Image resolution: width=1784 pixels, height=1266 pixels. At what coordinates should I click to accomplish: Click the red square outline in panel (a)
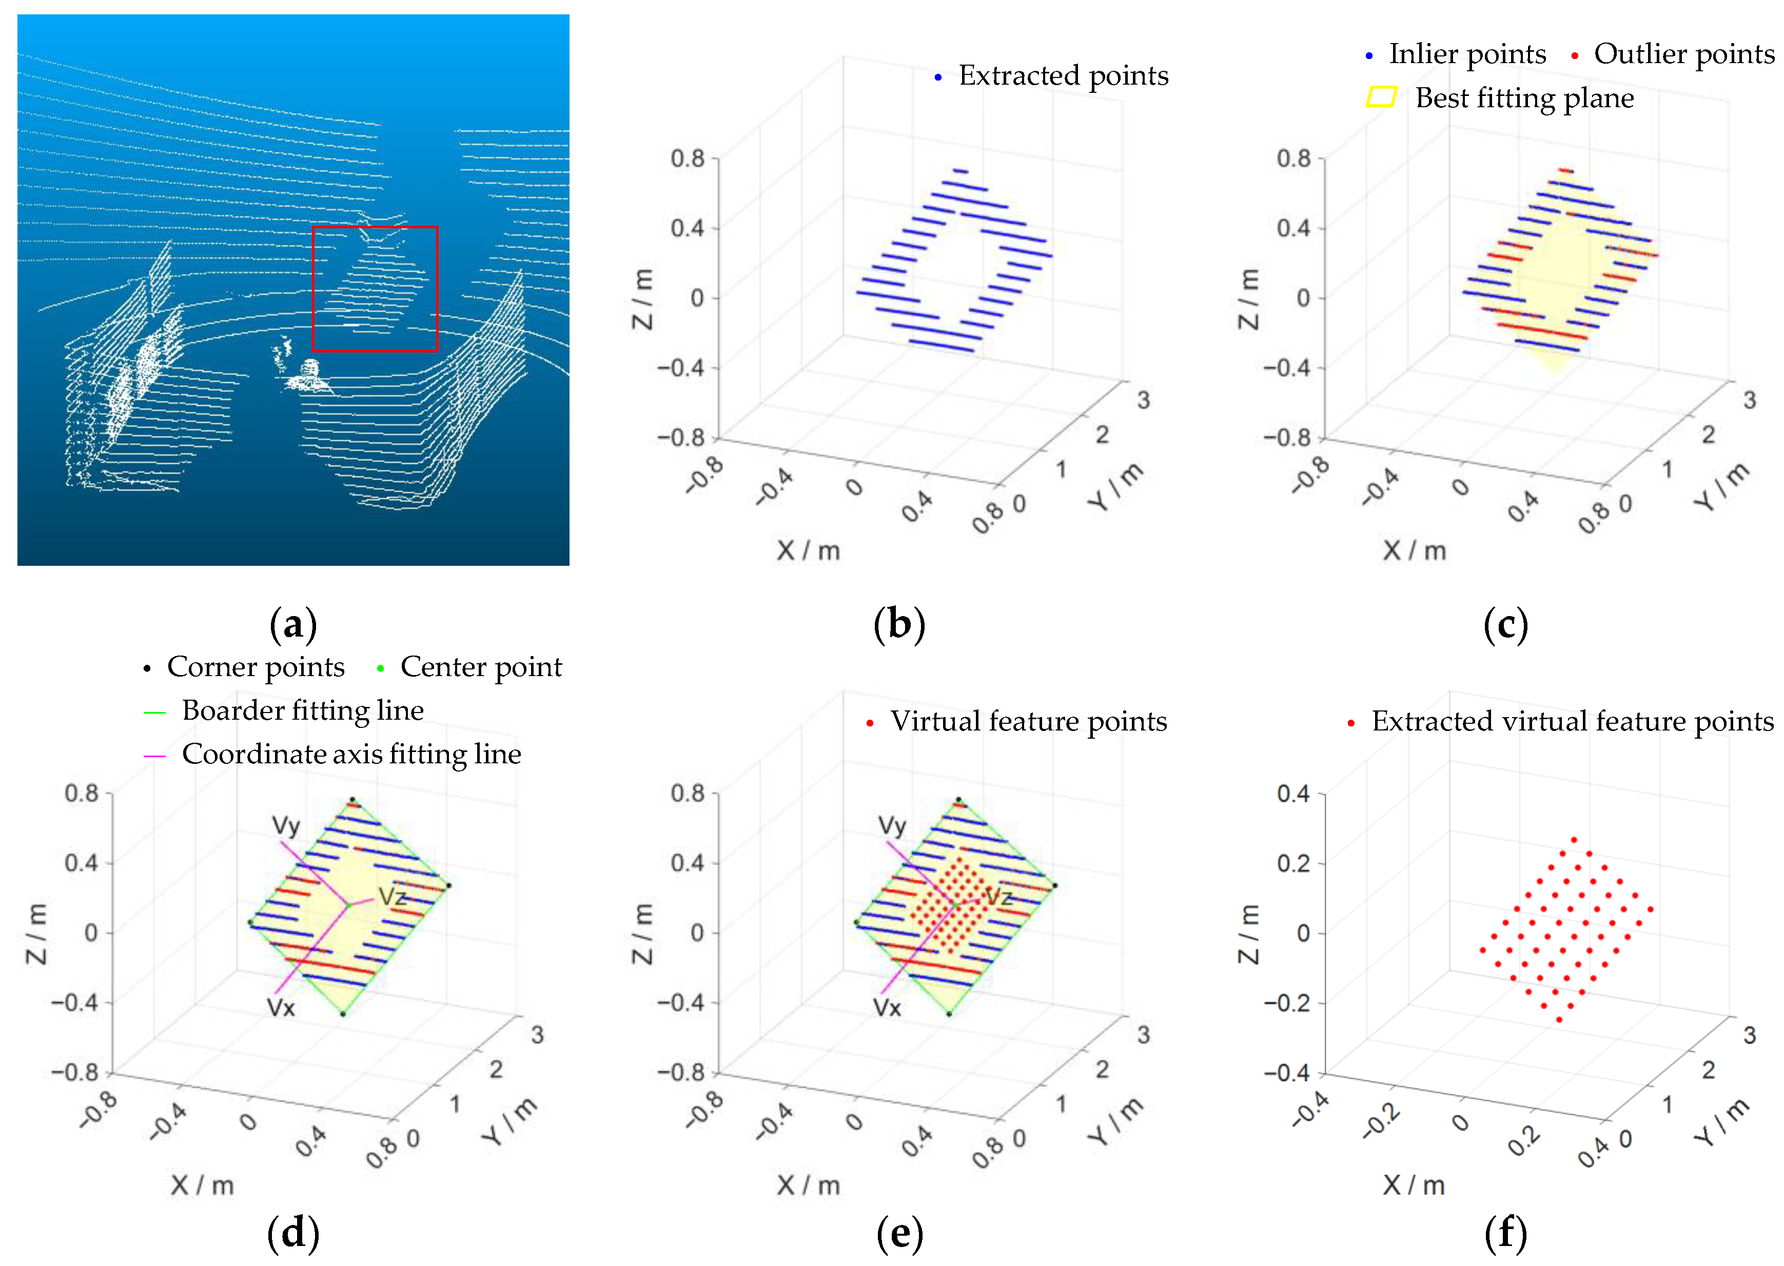click(x=375, y=228)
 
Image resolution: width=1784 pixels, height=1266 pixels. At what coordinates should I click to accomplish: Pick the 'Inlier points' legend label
click(x=1466, y=54)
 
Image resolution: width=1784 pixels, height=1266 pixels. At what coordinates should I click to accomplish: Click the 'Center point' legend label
click(x=480, y=667)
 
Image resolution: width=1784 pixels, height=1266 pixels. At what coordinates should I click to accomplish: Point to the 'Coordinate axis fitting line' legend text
click(x=351, y=755)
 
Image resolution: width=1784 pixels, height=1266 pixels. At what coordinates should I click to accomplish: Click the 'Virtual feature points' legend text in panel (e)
click(x=1028, y=722)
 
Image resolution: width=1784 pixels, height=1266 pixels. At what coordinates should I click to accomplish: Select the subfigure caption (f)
click(x=1505, y=1233)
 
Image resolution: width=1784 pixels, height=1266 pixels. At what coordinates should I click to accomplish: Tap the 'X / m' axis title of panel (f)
click(x=1414, y=1185)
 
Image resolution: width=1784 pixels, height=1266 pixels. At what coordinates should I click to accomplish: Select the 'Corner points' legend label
click(x=255, y=667)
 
